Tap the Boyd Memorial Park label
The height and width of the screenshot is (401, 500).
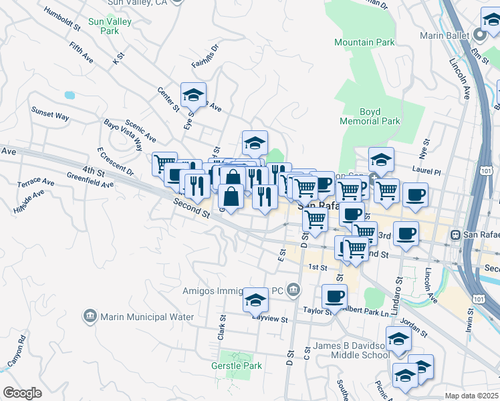(370, 116)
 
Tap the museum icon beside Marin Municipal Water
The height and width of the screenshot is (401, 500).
(90, 315)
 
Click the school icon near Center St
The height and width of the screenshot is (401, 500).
(193, 96)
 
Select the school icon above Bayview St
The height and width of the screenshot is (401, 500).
(255, 300)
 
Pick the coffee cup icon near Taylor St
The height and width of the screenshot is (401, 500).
(334, 295)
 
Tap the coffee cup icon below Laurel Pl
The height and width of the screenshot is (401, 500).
(415, 194)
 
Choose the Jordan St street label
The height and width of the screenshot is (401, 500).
(414, 328)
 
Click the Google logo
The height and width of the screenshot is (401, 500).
(22, 392)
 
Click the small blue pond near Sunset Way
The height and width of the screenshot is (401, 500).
(70, 95)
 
